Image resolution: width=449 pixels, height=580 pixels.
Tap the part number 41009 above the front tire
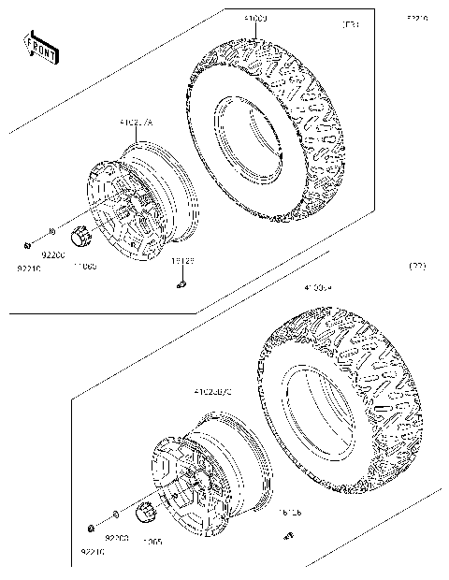tap(229, 18)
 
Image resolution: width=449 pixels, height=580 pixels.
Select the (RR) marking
tap(417, 268)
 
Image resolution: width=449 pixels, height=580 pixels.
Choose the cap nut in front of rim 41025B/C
tap(144, 513)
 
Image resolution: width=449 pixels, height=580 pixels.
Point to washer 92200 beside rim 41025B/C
tap(114, 515)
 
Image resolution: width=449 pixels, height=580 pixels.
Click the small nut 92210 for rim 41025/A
tap(29, 246)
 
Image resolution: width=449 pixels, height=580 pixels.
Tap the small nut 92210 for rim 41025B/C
tap(91, 527)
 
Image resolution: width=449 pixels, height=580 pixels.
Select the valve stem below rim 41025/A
tap(182, 284)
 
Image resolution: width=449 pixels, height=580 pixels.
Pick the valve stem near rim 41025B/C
tap(289, 536)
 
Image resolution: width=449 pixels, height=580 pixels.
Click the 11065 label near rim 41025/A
tap(85, 267)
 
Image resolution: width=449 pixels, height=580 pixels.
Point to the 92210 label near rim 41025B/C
tap(92, 553)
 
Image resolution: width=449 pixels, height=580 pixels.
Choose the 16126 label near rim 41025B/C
tap(289, 513)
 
